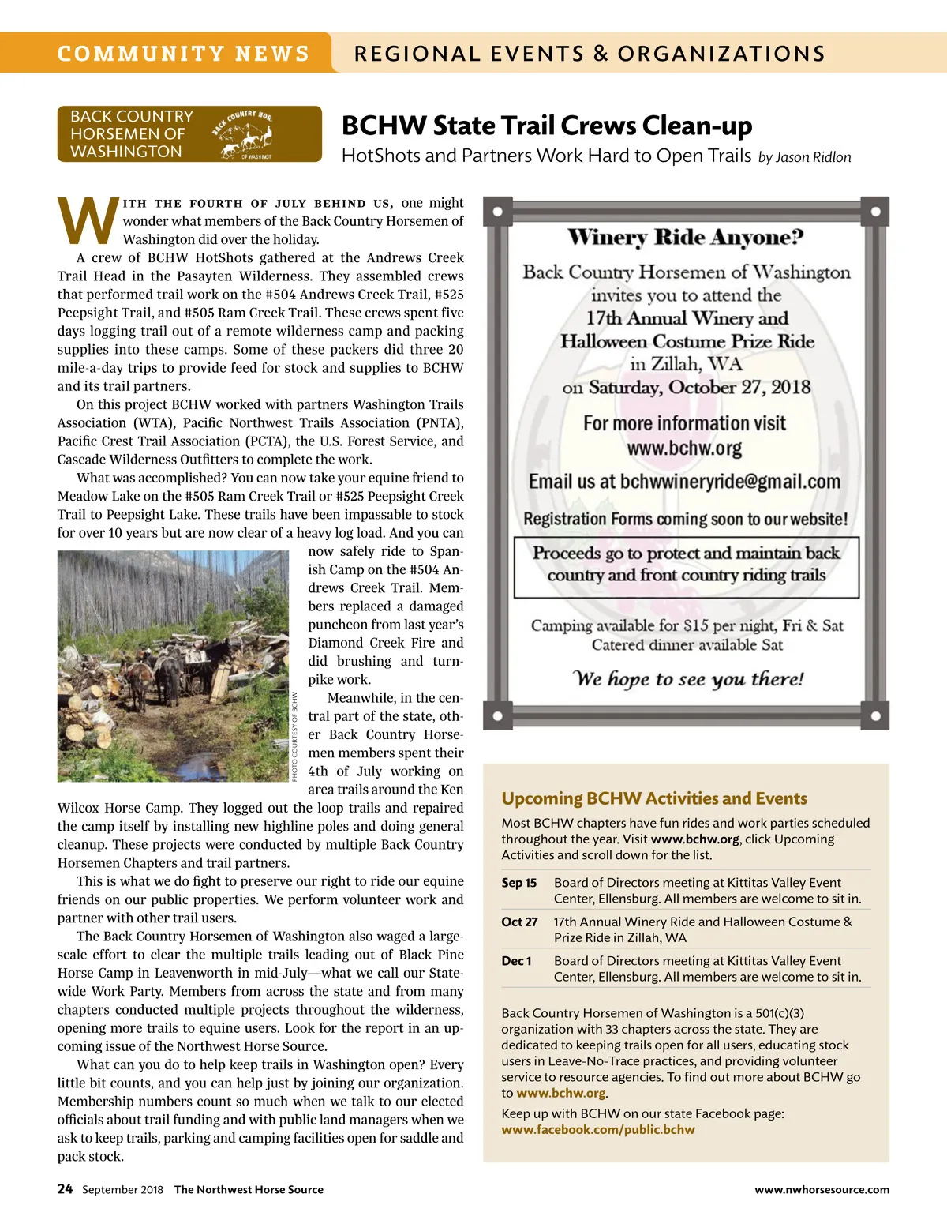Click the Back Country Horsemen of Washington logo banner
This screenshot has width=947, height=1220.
(x=189, y=133)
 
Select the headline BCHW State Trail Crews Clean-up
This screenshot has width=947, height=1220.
(x=546, y=126)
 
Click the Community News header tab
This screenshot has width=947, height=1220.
(x=183, y=53)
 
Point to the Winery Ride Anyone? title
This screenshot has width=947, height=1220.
(x=685, y=237)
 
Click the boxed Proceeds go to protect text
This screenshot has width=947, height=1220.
(x=686, y=564)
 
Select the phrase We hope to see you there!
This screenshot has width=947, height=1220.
(x=687, y=679)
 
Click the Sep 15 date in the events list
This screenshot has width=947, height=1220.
(x=518, y=883)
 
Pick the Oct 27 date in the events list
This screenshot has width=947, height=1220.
(x=519, y=922)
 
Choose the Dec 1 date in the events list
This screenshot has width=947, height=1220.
(x=516, y=961)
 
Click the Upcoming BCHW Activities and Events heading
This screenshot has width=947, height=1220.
(x=654, y=798)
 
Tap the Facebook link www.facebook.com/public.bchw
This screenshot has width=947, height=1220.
(x=598, y=1130)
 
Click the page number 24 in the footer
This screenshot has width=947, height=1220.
(x=65, y=1189)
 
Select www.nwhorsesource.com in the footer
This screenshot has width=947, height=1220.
(x=822, y=1190)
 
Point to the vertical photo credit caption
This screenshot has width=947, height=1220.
(x=295, y=737)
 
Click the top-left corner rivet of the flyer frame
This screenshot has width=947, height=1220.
(x=497, y=212)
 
